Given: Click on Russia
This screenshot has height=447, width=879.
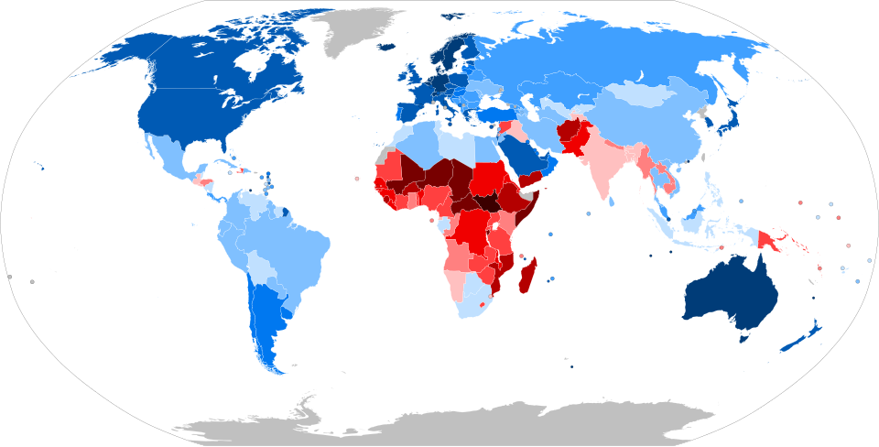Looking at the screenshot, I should (x=595, y=55).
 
